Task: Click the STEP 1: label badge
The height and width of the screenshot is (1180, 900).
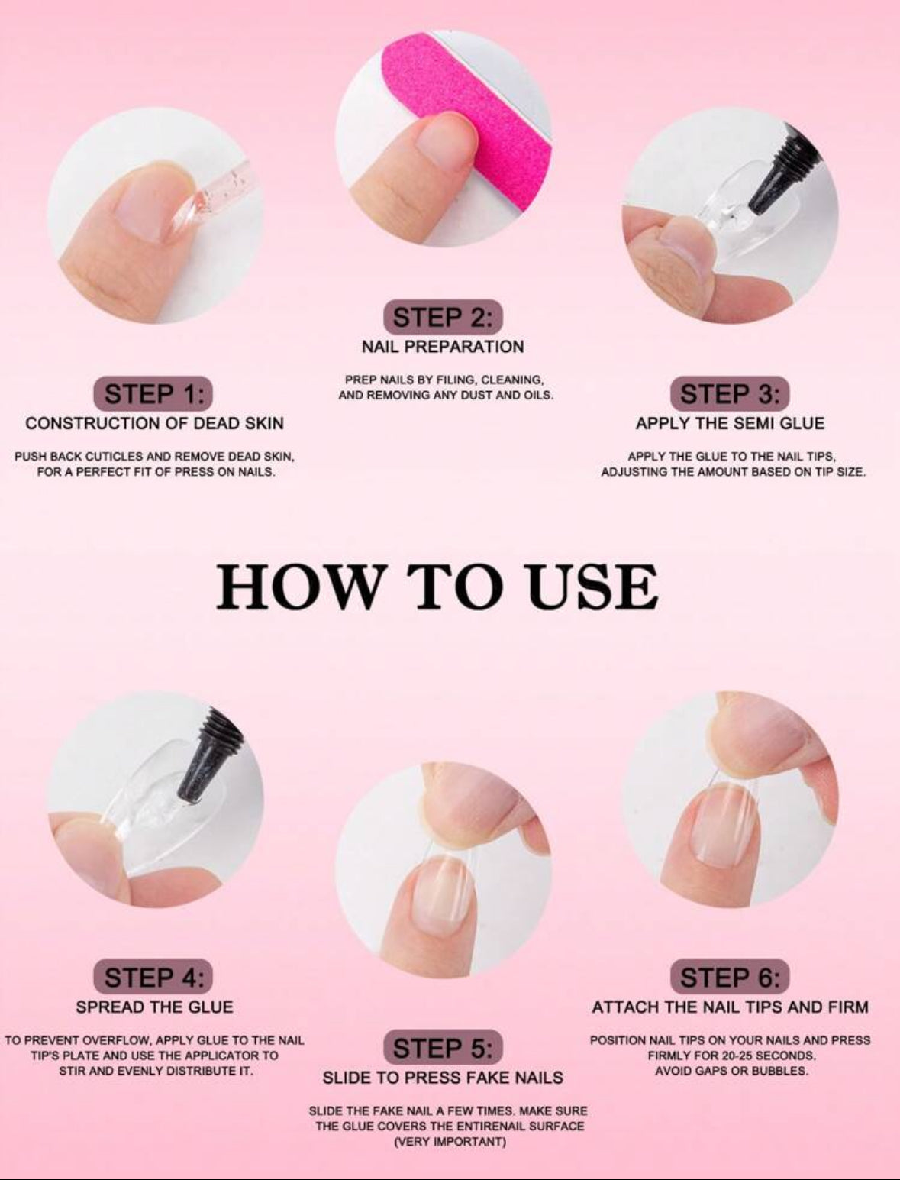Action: (153, 394)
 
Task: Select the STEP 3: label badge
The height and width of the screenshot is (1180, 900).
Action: (730, 394)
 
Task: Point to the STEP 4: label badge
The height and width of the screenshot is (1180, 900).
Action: (153, 977)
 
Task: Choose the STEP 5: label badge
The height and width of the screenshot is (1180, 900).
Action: (443, 1048)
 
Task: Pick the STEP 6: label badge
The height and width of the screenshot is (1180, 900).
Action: (730, 977)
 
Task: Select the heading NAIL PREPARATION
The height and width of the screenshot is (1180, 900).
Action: (443, 347)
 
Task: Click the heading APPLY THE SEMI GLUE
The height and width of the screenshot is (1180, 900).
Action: (730, 423)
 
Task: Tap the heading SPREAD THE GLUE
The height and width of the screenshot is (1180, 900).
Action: (154, 1007)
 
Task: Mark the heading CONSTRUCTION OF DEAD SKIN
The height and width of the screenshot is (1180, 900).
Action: (154, 423)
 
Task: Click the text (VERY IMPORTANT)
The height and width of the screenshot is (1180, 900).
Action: (449, 1142)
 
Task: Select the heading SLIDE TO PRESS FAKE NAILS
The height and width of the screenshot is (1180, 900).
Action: (443, 1078)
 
